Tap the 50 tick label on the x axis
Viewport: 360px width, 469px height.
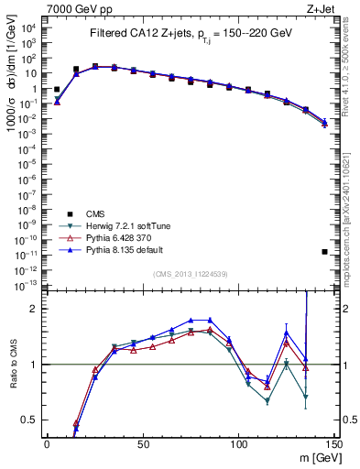click(143, 444)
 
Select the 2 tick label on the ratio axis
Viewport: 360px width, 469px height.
click(35, 309)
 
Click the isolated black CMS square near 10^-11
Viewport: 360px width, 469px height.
click(324, 252)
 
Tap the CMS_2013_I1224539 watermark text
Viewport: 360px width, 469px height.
click(190, 273)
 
